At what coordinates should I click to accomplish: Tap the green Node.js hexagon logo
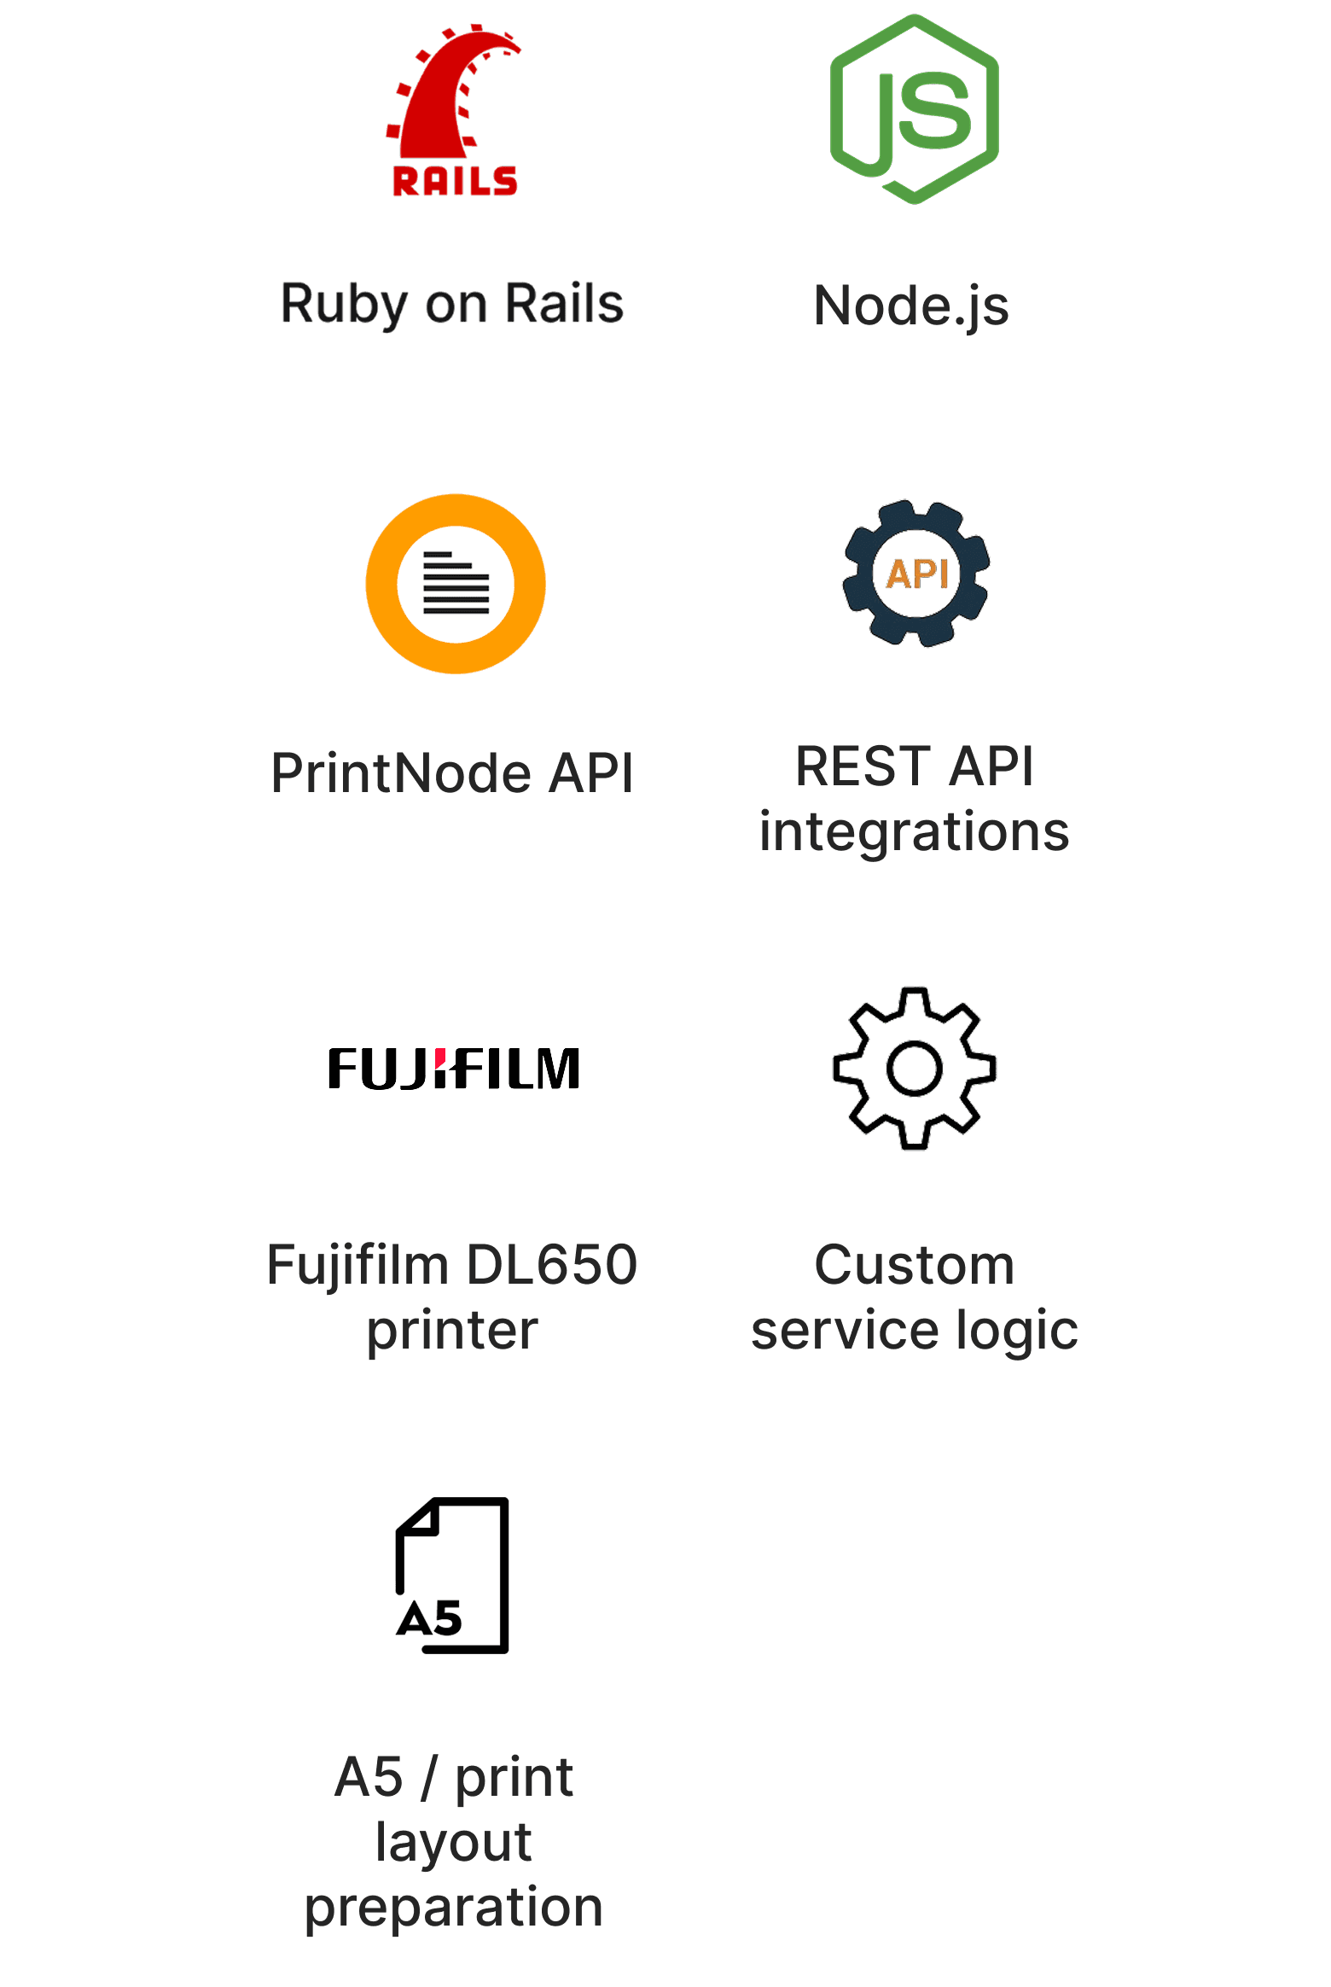pos(915,109)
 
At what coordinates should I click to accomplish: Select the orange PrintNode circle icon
pos(456,584)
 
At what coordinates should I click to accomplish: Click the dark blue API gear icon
pos(916,573)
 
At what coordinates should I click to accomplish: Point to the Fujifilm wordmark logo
pos(454,1069)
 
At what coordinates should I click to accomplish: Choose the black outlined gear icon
pos(915,1069)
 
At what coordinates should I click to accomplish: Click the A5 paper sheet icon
pos(453,1576)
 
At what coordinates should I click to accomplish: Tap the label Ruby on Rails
pos(452,304)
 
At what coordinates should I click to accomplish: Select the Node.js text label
pos(911,306)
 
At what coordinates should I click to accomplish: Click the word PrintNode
pos(401,773)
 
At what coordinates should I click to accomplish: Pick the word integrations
pos(914,832)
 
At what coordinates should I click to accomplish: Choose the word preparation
pos(454,1908)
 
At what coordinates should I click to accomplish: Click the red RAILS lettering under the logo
pos(455,181)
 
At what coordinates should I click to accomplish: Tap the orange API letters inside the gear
pos(917,574)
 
